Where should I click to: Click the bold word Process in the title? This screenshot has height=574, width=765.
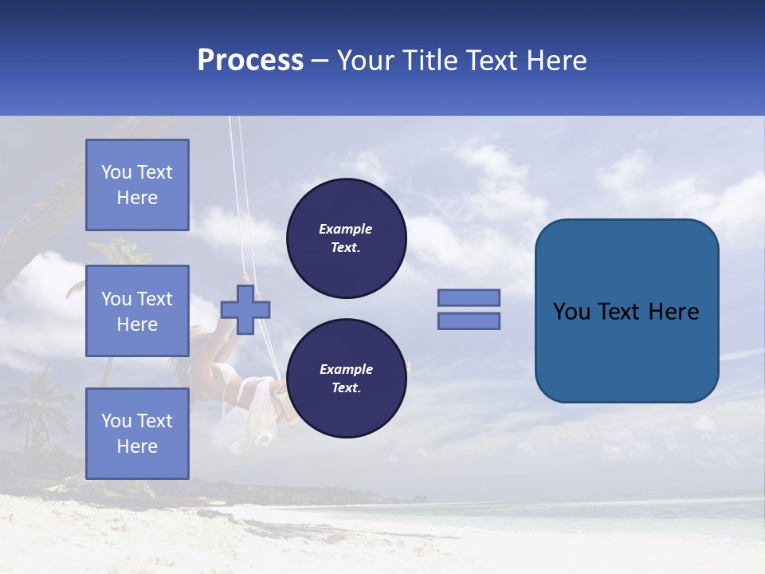point(250,61)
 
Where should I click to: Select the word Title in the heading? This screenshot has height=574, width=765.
point(430,61)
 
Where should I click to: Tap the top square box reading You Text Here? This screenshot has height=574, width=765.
point(137,185)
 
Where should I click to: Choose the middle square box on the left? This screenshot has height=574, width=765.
point(137,311)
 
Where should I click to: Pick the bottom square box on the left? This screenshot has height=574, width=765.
point(137,434)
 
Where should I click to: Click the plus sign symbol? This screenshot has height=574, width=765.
point(245,309)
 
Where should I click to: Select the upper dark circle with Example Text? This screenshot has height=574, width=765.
point(346,238)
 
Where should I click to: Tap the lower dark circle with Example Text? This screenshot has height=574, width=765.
point(346,379)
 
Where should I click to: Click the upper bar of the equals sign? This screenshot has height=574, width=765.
point(469,297)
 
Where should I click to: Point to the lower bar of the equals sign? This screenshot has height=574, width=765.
point(469,320)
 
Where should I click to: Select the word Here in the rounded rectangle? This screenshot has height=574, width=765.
point(673,312)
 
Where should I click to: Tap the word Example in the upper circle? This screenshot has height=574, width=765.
point(346,229)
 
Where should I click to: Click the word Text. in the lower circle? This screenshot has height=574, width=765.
point(346,388)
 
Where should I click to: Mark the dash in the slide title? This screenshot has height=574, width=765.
point(320,62)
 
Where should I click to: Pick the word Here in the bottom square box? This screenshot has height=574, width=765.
point(137,446)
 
